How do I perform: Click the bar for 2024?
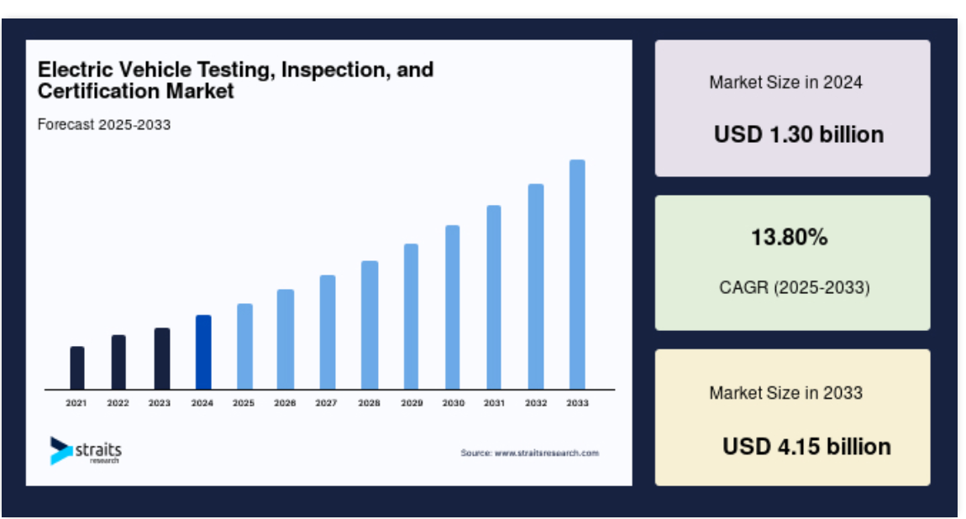(x=203, y=352)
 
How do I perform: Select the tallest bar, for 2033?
(x=577, y=275)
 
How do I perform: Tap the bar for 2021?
(x=77, y=368)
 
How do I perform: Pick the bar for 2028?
(x=370, y=325)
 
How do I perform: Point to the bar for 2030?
(x=453, y=307)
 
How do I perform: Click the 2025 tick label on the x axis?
(x=244, y=402)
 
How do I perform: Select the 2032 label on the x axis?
(x=536, y=402)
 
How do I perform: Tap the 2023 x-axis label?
(x=160, y=402)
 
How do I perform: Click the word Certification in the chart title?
(x=99, y=91)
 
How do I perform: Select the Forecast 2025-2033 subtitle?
(x=104, y=124)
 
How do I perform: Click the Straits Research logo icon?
(x=61, y=451)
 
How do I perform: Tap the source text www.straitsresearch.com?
(x=547, y=453)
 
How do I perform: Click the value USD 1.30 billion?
(x=799, y=134)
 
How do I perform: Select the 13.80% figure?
(x=790, y=237)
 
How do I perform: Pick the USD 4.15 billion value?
(x=806, y=446)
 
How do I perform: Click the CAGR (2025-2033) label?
(x=794, y=287)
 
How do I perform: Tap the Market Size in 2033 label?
(x=785, y=393)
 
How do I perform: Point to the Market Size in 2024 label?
(x=785, y=82)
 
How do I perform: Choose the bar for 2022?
(x=118, y=362)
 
